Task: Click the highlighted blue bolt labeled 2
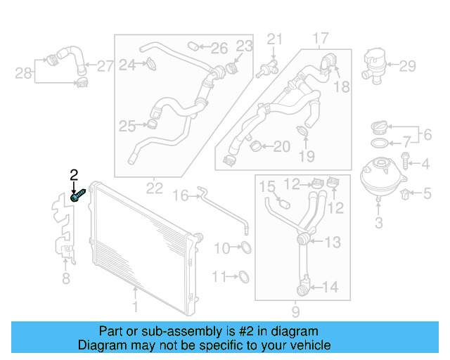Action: point(79,194)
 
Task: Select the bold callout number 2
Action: point(73,174)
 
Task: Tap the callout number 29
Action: point(408,67)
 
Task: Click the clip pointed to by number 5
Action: point(406,192)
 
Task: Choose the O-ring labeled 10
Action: point(245,247)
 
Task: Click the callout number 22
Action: point(155,188)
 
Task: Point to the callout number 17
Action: point(321,37)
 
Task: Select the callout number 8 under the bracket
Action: point(66,280)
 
